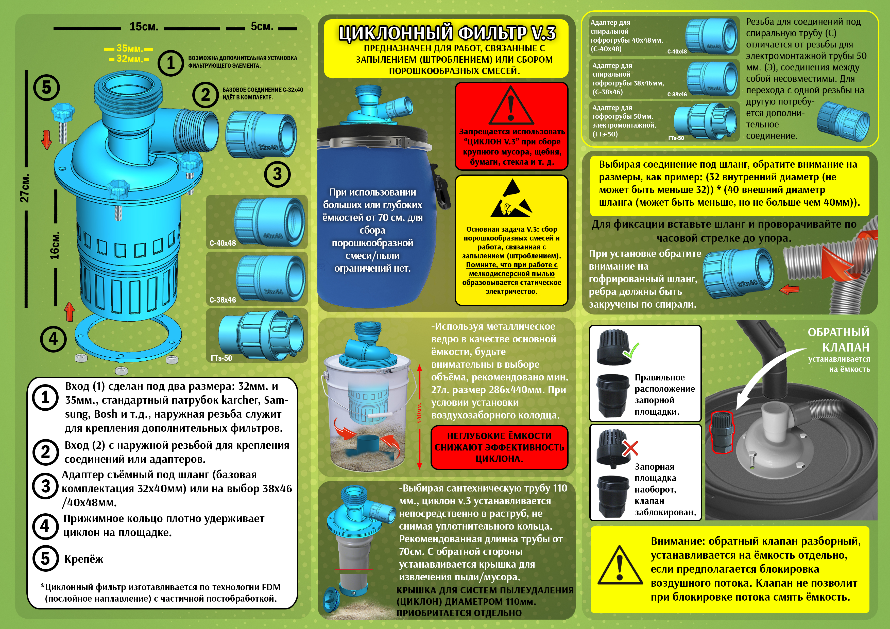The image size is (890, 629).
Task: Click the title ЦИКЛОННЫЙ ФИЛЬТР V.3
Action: (x=447, y=33)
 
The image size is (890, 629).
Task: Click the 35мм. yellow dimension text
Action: (x=129, y=48)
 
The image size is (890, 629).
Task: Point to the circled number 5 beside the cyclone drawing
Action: (x=46, y=87)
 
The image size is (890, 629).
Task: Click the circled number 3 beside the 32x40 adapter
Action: (x=277, y=174)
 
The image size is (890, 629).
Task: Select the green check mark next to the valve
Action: (x=630, y=350)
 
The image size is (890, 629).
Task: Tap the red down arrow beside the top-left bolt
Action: (x=46, y=139)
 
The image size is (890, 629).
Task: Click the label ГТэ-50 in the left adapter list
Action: (x=221, y=358)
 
